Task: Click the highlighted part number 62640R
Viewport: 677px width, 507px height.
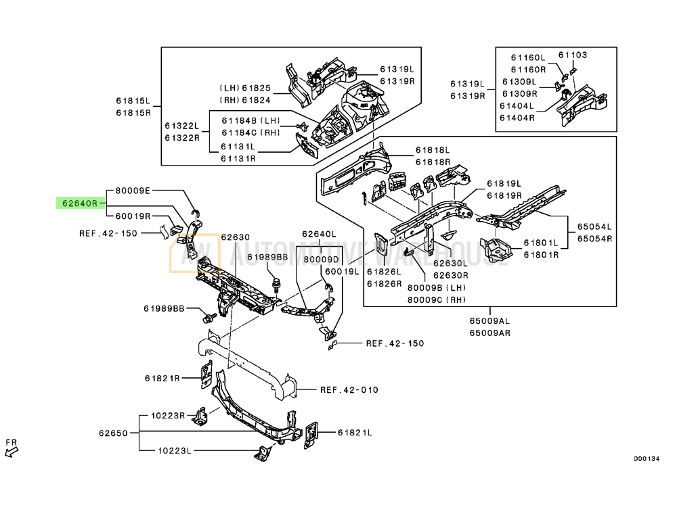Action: coord(81,203)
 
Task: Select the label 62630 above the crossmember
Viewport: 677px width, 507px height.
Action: coord(236,237)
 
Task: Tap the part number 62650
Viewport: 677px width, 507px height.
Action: coord(113,433)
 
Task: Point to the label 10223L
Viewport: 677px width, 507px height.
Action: coord(175,450)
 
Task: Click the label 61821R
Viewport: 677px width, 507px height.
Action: coord(162,378)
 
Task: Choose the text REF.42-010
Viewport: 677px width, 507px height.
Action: coord(349,390)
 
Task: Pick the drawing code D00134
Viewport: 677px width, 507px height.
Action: coord(647,459)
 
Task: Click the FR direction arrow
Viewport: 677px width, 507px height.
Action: coord(12,452)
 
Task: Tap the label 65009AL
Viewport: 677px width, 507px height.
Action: coord(489,320)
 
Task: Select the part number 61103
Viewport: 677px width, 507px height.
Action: coord(573,55)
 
